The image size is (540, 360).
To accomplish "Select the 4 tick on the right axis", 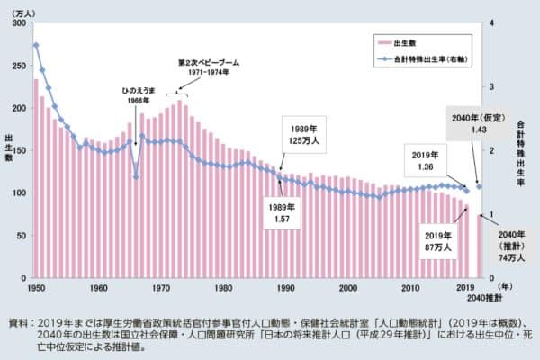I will point(484,23).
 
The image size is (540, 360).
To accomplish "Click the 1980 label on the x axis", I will point(223,287).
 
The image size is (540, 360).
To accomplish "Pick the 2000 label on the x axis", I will point(348,287).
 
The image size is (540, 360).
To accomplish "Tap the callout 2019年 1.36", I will point(427,160).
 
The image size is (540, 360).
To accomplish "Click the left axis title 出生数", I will point(9,147).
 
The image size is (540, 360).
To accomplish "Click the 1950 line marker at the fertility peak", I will point(36,45).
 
